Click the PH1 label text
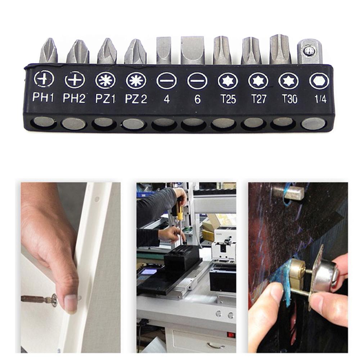(x=43, y=97)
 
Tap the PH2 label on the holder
(x=74, y=98)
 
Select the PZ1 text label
(x=105, y=98)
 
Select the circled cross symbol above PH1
(x=44, y=79)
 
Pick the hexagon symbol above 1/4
(x=319, y=81)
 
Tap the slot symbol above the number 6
(x=197, y=81)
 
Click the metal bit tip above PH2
(x=77, y=52)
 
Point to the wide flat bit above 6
(x=193, y=50)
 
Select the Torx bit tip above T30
(x=280, y=50)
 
